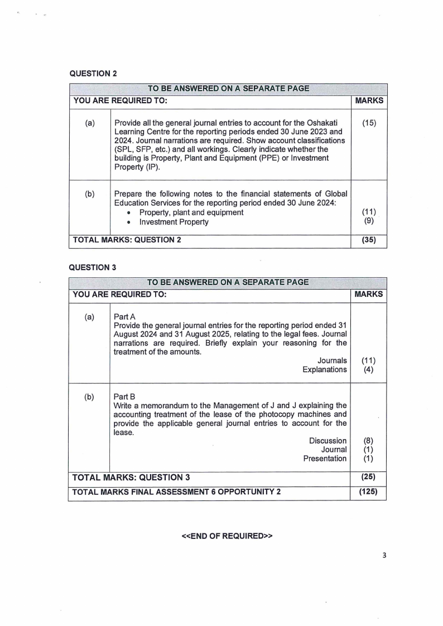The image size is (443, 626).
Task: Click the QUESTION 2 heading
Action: (92, 73)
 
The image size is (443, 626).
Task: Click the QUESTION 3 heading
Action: (92, 267)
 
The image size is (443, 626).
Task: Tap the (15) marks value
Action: (369, 122)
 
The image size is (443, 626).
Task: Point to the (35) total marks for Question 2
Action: (369, 240)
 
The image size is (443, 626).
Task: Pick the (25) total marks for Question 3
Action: (369, 478)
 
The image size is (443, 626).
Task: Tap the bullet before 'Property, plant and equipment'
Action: (129, 213)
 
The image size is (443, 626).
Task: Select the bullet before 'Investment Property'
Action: (129, 223)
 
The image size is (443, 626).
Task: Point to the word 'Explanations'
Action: (324, 370)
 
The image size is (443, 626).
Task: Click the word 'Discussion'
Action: (328, 441)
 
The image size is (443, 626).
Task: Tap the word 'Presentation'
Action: (325, 459)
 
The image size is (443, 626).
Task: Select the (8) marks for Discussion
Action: (369, 441)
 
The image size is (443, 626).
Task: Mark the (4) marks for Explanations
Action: (369, 370)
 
